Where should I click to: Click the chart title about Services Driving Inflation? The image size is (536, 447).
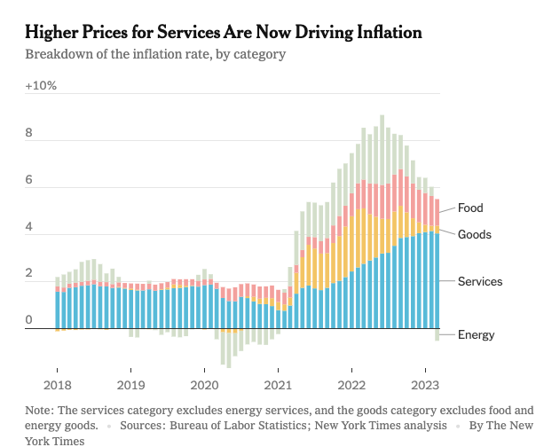224,33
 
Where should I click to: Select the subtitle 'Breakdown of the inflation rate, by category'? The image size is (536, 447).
155,55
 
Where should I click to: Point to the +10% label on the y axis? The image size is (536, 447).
41,86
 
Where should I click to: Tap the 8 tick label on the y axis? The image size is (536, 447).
29,134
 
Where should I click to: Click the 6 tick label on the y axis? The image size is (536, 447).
29,180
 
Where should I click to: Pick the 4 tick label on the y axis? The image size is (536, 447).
29,227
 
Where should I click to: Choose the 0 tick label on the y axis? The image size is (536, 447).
29,320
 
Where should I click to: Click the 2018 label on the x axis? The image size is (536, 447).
58,386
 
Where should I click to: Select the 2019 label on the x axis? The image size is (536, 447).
131,386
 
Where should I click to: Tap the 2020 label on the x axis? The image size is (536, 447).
204,386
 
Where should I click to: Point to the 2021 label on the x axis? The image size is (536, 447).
278,386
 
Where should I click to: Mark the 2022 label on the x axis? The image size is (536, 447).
351,386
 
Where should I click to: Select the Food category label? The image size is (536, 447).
470,208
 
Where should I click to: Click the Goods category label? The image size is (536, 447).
474,235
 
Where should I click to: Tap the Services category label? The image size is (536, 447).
480,281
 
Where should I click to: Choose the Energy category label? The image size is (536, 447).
476,334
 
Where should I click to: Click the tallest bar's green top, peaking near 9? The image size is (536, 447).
382,122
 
